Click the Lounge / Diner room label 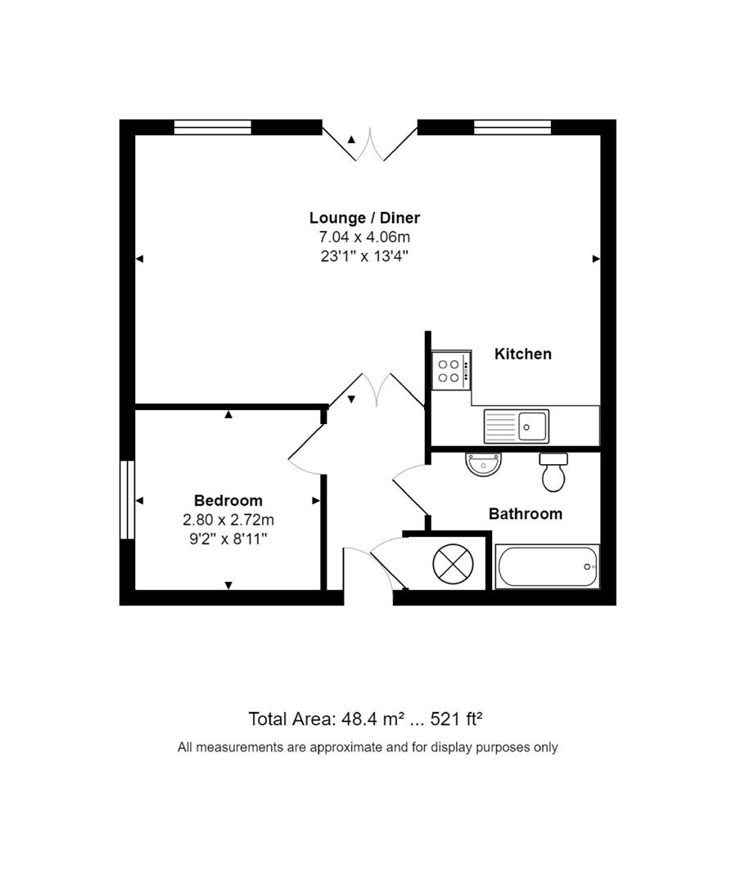[364, 218]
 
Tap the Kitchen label [523, 354]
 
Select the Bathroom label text [526, 514]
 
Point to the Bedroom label [228, 500]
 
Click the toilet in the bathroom [554, 472]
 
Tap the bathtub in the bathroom [547, 566]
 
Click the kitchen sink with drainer [517, 426]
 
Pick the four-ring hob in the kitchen [451, 371]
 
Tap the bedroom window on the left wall [127, 500]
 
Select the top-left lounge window [213, 127]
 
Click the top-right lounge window [512, 127]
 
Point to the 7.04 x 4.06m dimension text [364, 237]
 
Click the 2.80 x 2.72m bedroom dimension [228, 519]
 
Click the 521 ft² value [456, 719]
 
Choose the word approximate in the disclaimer [341, 746]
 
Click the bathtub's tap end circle [587, 566]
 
